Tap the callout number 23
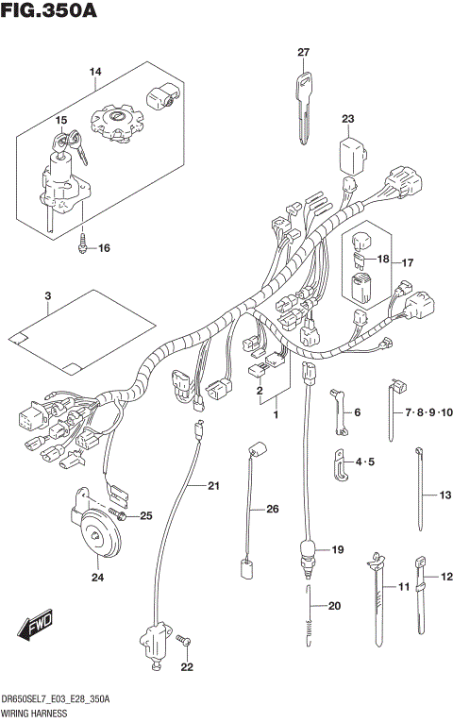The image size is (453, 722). click(x=348, y=118)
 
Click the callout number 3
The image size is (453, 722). click(x=47, y=296)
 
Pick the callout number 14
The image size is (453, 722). click(x=95, y=72)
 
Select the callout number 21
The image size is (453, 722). click(x=213, y=486)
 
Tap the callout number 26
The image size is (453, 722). click(x=273, y=510)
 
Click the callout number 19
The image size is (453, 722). click(x=338, y=549)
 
